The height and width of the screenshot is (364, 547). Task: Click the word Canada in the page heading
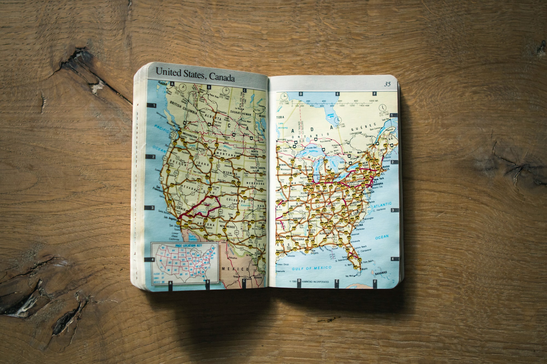point(222,77)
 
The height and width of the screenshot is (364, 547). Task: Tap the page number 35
point(387,84)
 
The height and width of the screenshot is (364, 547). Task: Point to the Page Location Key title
point(188,245)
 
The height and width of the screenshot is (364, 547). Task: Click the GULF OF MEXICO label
point(312,268)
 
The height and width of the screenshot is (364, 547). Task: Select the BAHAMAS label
point(381,273)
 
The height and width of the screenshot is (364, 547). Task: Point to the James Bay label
point(330,115)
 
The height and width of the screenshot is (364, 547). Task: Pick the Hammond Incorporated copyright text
point(315,282)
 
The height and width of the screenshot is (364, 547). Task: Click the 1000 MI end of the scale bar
point(373,101)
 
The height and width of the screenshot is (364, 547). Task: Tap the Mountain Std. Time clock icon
point(226,90)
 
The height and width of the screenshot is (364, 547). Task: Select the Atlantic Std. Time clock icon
point(382,107)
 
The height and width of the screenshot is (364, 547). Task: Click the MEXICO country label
point(235,269)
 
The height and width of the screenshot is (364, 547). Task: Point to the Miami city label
point(364,269)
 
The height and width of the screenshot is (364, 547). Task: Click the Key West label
point(349,276)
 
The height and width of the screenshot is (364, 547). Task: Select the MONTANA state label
point(226,155)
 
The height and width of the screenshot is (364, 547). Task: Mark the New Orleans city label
point(315,252)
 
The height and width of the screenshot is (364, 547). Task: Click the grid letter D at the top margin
point(301,94)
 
